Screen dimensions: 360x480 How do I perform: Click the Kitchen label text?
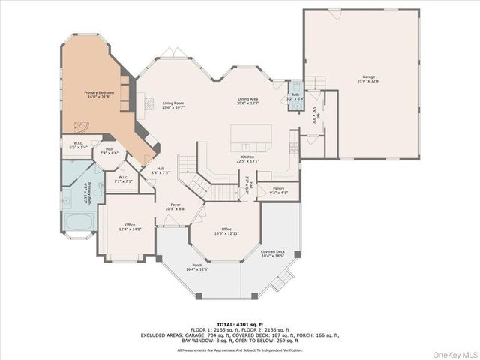248,158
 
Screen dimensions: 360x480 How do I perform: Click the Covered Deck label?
273,253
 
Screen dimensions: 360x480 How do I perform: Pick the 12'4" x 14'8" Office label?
130,226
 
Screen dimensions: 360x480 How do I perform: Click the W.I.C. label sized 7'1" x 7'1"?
123,179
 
